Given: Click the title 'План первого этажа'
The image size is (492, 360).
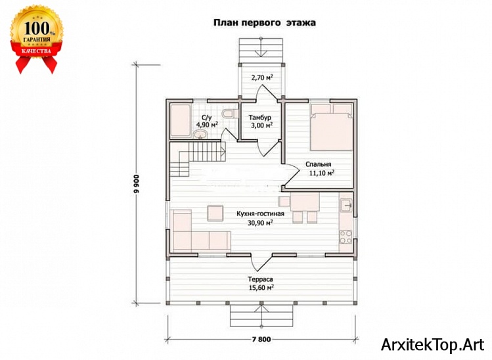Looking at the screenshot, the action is click(x=265, y=23).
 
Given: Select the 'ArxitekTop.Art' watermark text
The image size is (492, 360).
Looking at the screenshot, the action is click(x=433, y=345).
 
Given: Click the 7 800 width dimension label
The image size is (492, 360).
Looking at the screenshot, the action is click(x=261, y=340).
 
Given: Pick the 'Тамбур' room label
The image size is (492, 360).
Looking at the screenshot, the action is click(x=260, y=118).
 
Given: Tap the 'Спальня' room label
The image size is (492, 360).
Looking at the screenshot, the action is click(x=318, y=164).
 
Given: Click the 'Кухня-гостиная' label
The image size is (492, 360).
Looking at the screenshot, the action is click(x=260, y=214).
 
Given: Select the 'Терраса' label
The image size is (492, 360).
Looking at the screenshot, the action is click(x=260, y=279).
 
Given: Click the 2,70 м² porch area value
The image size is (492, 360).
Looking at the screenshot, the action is click(x=261, y=78).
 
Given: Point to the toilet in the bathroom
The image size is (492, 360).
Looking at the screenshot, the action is click(x=228, y=113).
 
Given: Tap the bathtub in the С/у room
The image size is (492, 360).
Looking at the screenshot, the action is click(x=180, y=121).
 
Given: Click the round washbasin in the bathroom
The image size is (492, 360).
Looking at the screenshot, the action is click(x=200, y=135).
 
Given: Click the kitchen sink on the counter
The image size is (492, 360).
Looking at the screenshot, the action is click(x=346, y=205).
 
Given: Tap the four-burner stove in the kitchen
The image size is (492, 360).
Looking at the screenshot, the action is click(x=346, y=237).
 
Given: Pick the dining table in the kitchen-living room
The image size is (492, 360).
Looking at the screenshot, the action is click(x=305, y=202).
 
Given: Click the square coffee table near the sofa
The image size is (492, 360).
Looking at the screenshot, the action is click(x=215, y=213).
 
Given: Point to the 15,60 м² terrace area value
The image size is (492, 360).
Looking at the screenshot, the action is click(x=260, y=287).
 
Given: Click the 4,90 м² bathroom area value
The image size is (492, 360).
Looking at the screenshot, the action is click(x=207, y=125).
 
